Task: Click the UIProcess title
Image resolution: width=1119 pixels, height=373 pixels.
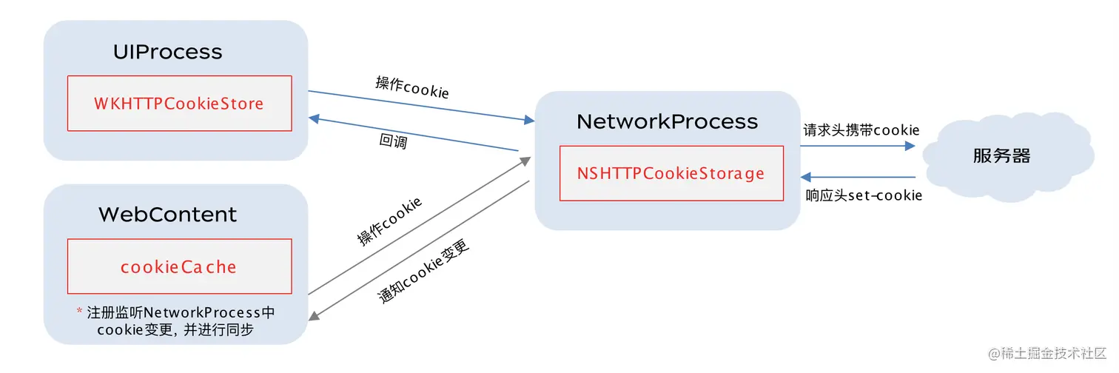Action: point(167,52)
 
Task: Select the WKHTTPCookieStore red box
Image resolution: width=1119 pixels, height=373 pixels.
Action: point(179,104)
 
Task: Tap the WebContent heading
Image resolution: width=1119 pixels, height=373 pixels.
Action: point(167,215)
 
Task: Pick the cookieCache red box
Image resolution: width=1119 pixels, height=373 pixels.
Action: point(179,266)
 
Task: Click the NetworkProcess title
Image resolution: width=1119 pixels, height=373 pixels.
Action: point(667,121)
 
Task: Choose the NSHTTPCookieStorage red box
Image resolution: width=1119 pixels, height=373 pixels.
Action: point(671,173)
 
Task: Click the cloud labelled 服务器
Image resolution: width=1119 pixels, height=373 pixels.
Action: point(1001,156)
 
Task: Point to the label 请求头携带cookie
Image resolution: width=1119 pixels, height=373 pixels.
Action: point(861,130)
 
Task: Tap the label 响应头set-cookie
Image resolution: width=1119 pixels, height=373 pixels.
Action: point(863,196)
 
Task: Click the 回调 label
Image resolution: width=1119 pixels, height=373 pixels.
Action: point(392,141)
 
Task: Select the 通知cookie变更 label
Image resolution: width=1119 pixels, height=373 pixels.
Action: point(423,270)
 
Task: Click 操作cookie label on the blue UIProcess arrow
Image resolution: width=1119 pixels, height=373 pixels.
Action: point(411,87)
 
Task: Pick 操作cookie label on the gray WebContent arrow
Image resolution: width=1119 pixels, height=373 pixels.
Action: point(389,221)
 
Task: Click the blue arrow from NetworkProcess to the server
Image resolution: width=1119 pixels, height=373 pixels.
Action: point(858,146)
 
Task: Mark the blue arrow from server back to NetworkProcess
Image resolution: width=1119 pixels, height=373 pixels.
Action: point(858,178)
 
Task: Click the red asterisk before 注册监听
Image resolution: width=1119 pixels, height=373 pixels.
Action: point(79,312)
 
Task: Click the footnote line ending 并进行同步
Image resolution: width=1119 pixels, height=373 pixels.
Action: point(175,330)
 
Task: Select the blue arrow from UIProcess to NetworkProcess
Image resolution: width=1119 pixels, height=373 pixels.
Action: point(422,105)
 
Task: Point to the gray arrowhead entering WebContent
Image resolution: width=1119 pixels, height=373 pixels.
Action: point(314,316)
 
